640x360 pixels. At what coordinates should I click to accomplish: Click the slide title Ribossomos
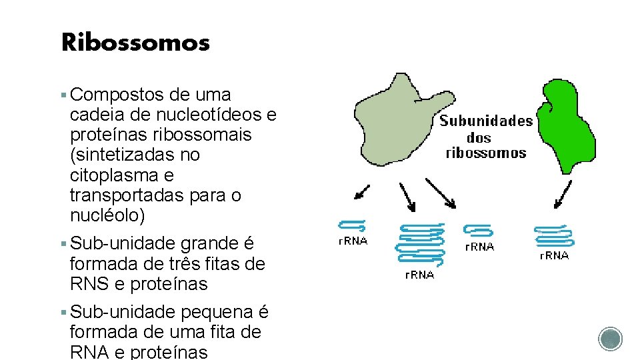click(x=135, y=43)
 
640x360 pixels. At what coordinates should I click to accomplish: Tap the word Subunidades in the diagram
click(x=486, y=121)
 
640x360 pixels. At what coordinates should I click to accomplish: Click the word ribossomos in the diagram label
click(x=485, y=153)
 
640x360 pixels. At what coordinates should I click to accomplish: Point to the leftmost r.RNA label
click(x=353, y=241)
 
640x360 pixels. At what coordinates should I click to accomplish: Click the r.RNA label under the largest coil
click(x=419, y=274)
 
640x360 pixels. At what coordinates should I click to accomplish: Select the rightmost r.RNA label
click(x=554, y=255)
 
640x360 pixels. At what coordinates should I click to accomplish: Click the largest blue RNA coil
click(x=420, y=243)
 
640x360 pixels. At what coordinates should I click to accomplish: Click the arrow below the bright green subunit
click(x=563, y=194)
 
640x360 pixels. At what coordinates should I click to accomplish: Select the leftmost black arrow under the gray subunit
click(x=363, y=192)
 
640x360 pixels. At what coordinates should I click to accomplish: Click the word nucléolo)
click(x=107, y=216)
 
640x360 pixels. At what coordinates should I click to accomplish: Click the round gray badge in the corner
click(x=610, y=339)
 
